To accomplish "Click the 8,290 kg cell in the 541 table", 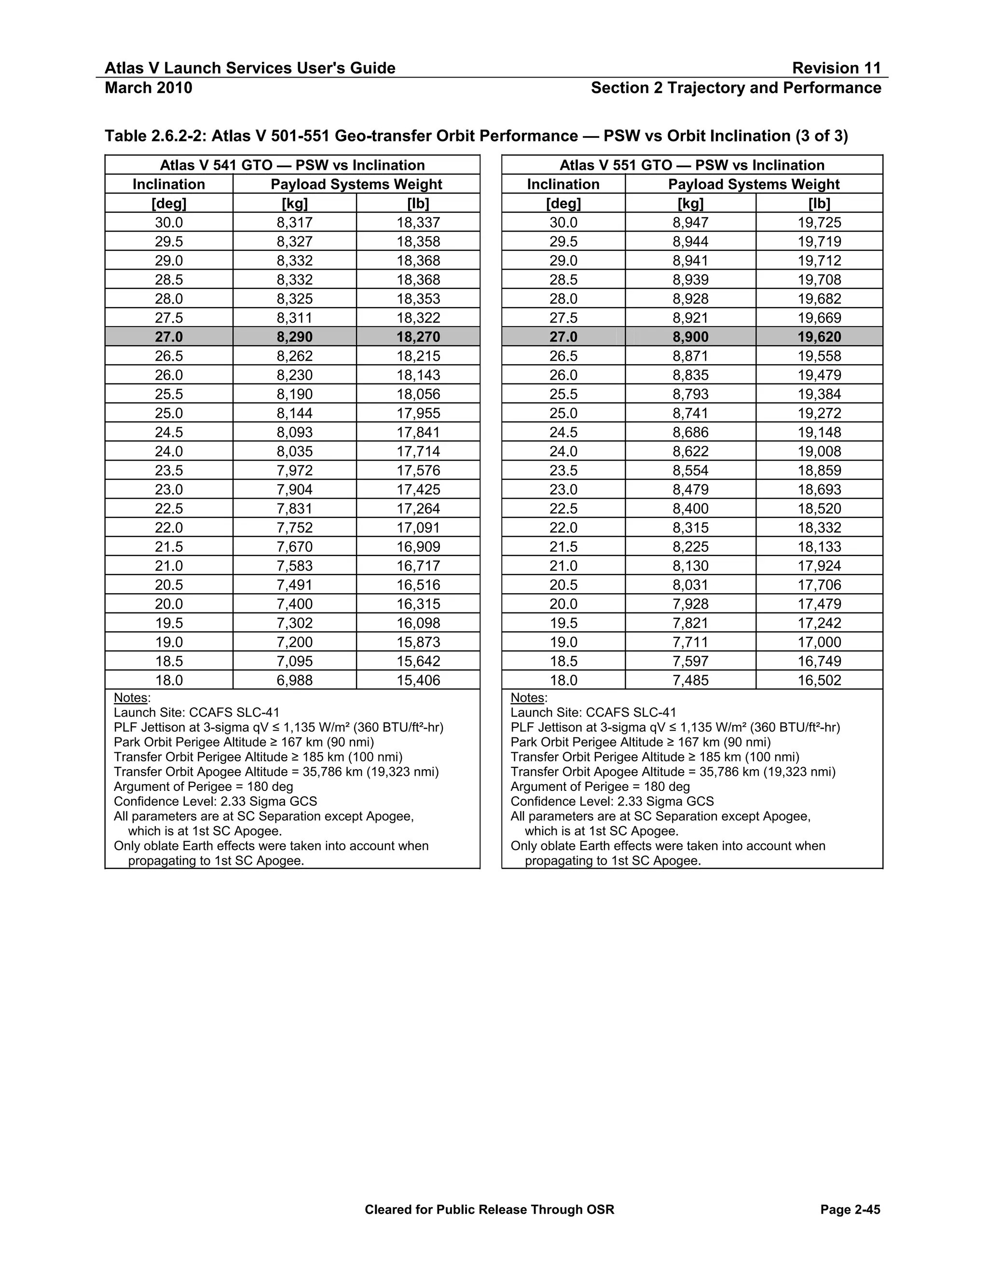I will [294, 337].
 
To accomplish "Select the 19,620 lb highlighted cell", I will [819, 337].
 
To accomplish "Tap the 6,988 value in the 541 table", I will [294, 680].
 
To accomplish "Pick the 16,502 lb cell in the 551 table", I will [819, 680].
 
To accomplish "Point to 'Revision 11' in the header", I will [836, 68].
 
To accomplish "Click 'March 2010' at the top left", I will [148, 88].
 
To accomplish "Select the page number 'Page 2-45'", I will [850, 1210].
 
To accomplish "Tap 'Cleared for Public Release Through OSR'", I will [489, 1210].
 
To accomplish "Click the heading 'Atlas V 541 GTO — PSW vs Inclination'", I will [292, 165].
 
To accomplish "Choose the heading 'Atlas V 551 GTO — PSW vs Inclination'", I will [692, 165].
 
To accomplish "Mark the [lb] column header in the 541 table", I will [418, 203].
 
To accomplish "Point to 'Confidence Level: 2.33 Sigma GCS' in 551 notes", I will [612, 801].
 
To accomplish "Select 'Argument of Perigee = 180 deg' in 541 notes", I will [203, 787].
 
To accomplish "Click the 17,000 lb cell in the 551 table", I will [819, 642].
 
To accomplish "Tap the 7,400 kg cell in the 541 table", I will [294, 604].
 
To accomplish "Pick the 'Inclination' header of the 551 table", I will [563, 184].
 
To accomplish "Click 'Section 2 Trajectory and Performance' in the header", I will [736, 88].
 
